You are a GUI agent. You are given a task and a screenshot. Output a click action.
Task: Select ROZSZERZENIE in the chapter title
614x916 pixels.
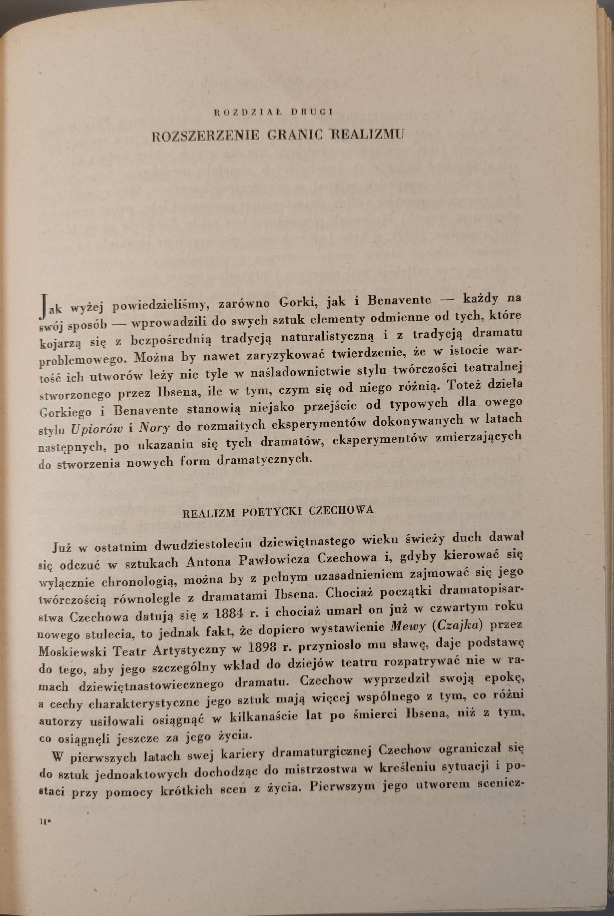pos(206,136)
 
